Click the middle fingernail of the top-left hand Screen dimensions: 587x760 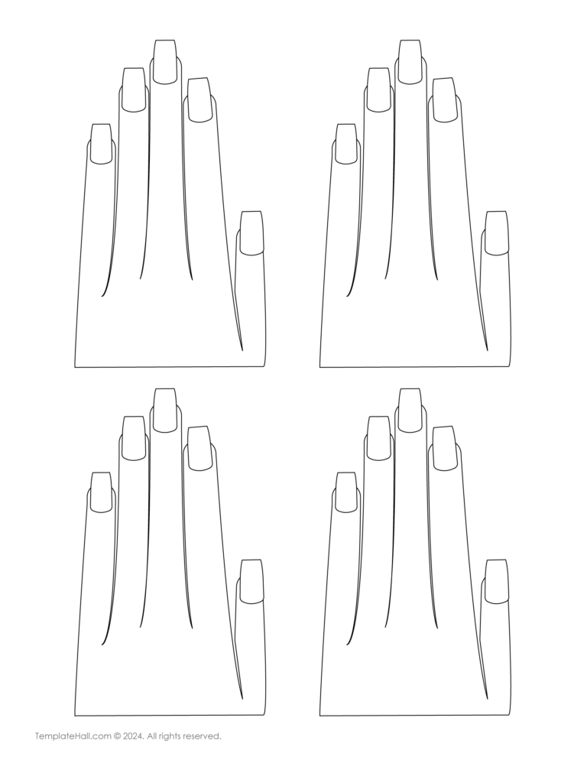click(x=165, y=62)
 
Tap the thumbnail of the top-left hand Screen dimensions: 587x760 click(x=251, y=232)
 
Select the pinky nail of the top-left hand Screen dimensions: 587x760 click(x=102, y=144)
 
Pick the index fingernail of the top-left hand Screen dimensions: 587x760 click(x=199, y=100)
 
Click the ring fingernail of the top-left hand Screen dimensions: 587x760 click(x=133, y=89)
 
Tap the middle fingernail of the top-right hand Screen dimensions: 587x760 click(x=410, y=62)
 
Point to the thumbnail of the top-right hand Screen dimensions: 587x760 click(x=497, y=232)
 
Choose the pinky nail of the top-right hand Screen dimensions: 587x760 click(x=346, y=144)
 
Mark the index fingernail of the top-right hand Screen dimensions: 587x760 click(x=445, y=100)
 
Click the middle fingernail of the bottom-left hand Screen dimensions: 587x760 click(x=165, y=411)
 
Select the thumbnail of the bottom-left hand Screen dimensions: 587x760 click(x=251, y=582)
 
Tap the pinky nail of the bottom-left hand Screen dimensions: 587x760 click(x=102, y=492)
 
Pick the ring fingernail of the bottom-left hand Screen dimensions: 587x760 click(x=133, y=438)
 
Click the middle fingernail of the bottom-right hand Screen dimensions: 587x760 click(x=410, y=411)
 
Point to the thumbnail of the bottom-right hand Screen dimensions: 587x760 click(x=497, y=582)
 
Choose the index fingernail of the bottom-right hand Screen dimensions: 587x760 click(x=445, y=448)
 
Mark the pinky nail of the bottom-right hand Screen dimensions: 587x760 click(x=346, y=492)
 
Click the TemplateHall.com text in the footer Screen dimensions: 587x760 click(x=73, y=736)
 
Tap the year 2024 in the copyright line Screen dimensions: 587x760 click(x=133, y=736)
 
